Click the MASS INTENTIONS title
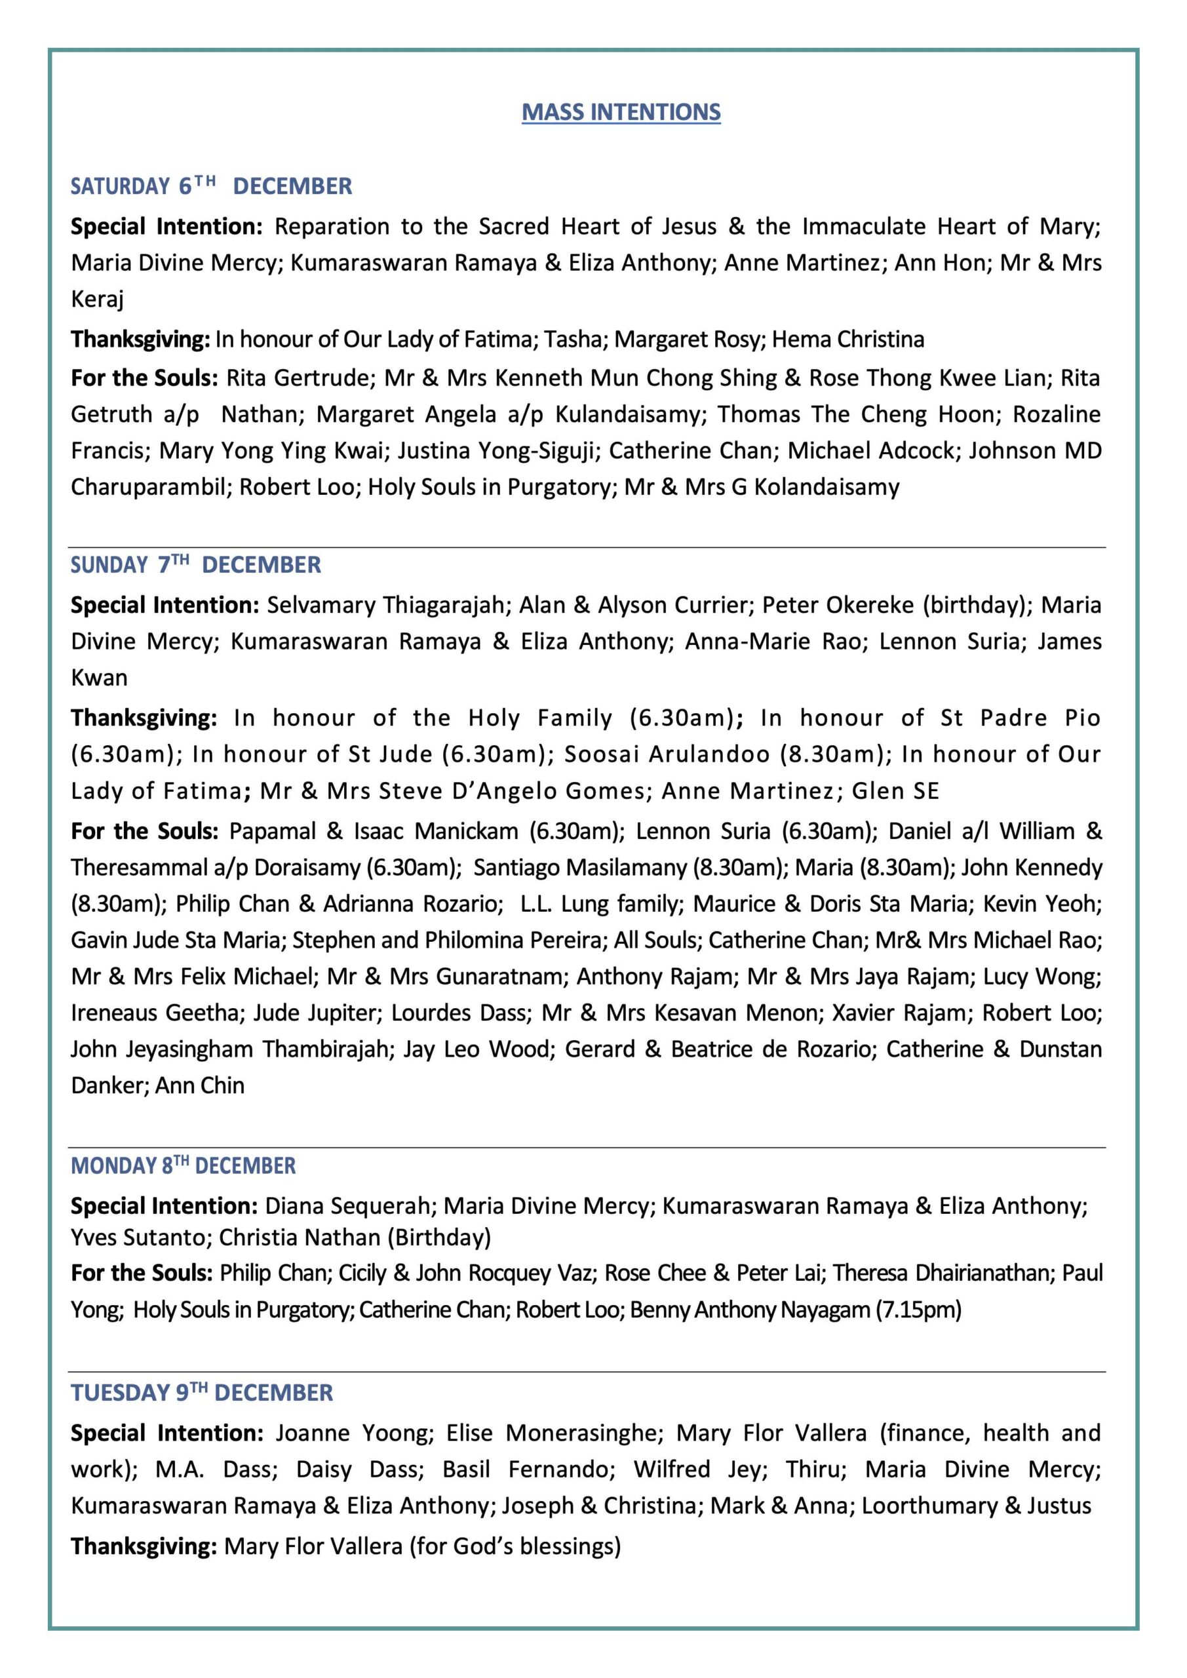(621, 112)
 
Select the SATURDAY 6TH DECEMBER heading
(211, 186)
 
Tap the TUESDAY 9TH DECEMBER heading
(202, 1392)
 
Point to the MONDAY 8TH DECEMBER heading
(184, 1165)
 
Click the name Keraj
(97, 299)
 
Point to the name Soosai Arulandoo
(667, 754)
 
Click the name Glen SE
(895, 790)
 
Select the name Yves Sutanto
(138, 1238)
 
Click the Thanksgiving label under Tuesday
(144, 1546)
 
